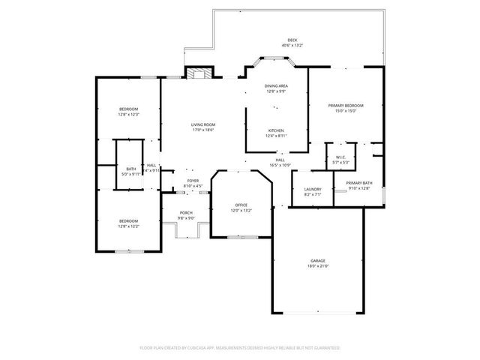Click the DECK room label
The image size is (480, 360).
click(292, 40)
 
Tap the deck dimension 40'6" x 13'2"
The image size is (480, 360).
click(292, 45)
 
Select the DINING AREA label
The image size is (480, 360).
click(276, 87)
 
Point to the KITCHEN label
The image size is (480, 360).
click(276, 130)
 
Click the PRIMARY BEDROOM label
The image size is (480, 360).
click(346, 106)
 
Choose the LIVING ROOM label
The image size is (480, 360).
click(202, 124)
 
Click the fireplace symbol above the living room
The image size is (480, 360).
click(199, 73)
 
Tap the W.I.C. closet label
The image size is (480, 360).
click(340, 157)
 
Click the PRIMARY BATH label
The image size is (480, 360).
click(359, 183)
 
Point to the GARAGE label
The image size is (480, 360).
click(318, 260)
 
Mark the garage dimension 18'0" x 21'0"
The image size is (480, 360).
click(318, 265)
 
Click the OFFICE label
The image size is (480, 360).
click(241, 205)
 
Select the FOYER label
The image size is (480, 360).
click(193, 181)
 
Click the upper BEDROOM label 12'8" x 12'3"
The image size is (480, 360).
click(128, 109)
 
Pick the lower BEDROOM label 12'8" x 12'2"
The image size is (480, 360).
click(128, 220)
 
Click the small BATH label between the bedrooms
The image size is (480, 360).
click(131, 169)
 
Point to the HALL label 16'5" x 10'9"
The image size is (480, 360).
click(280, 160)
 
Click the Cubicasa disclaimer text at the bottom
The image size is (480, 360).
click(240, 348)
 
